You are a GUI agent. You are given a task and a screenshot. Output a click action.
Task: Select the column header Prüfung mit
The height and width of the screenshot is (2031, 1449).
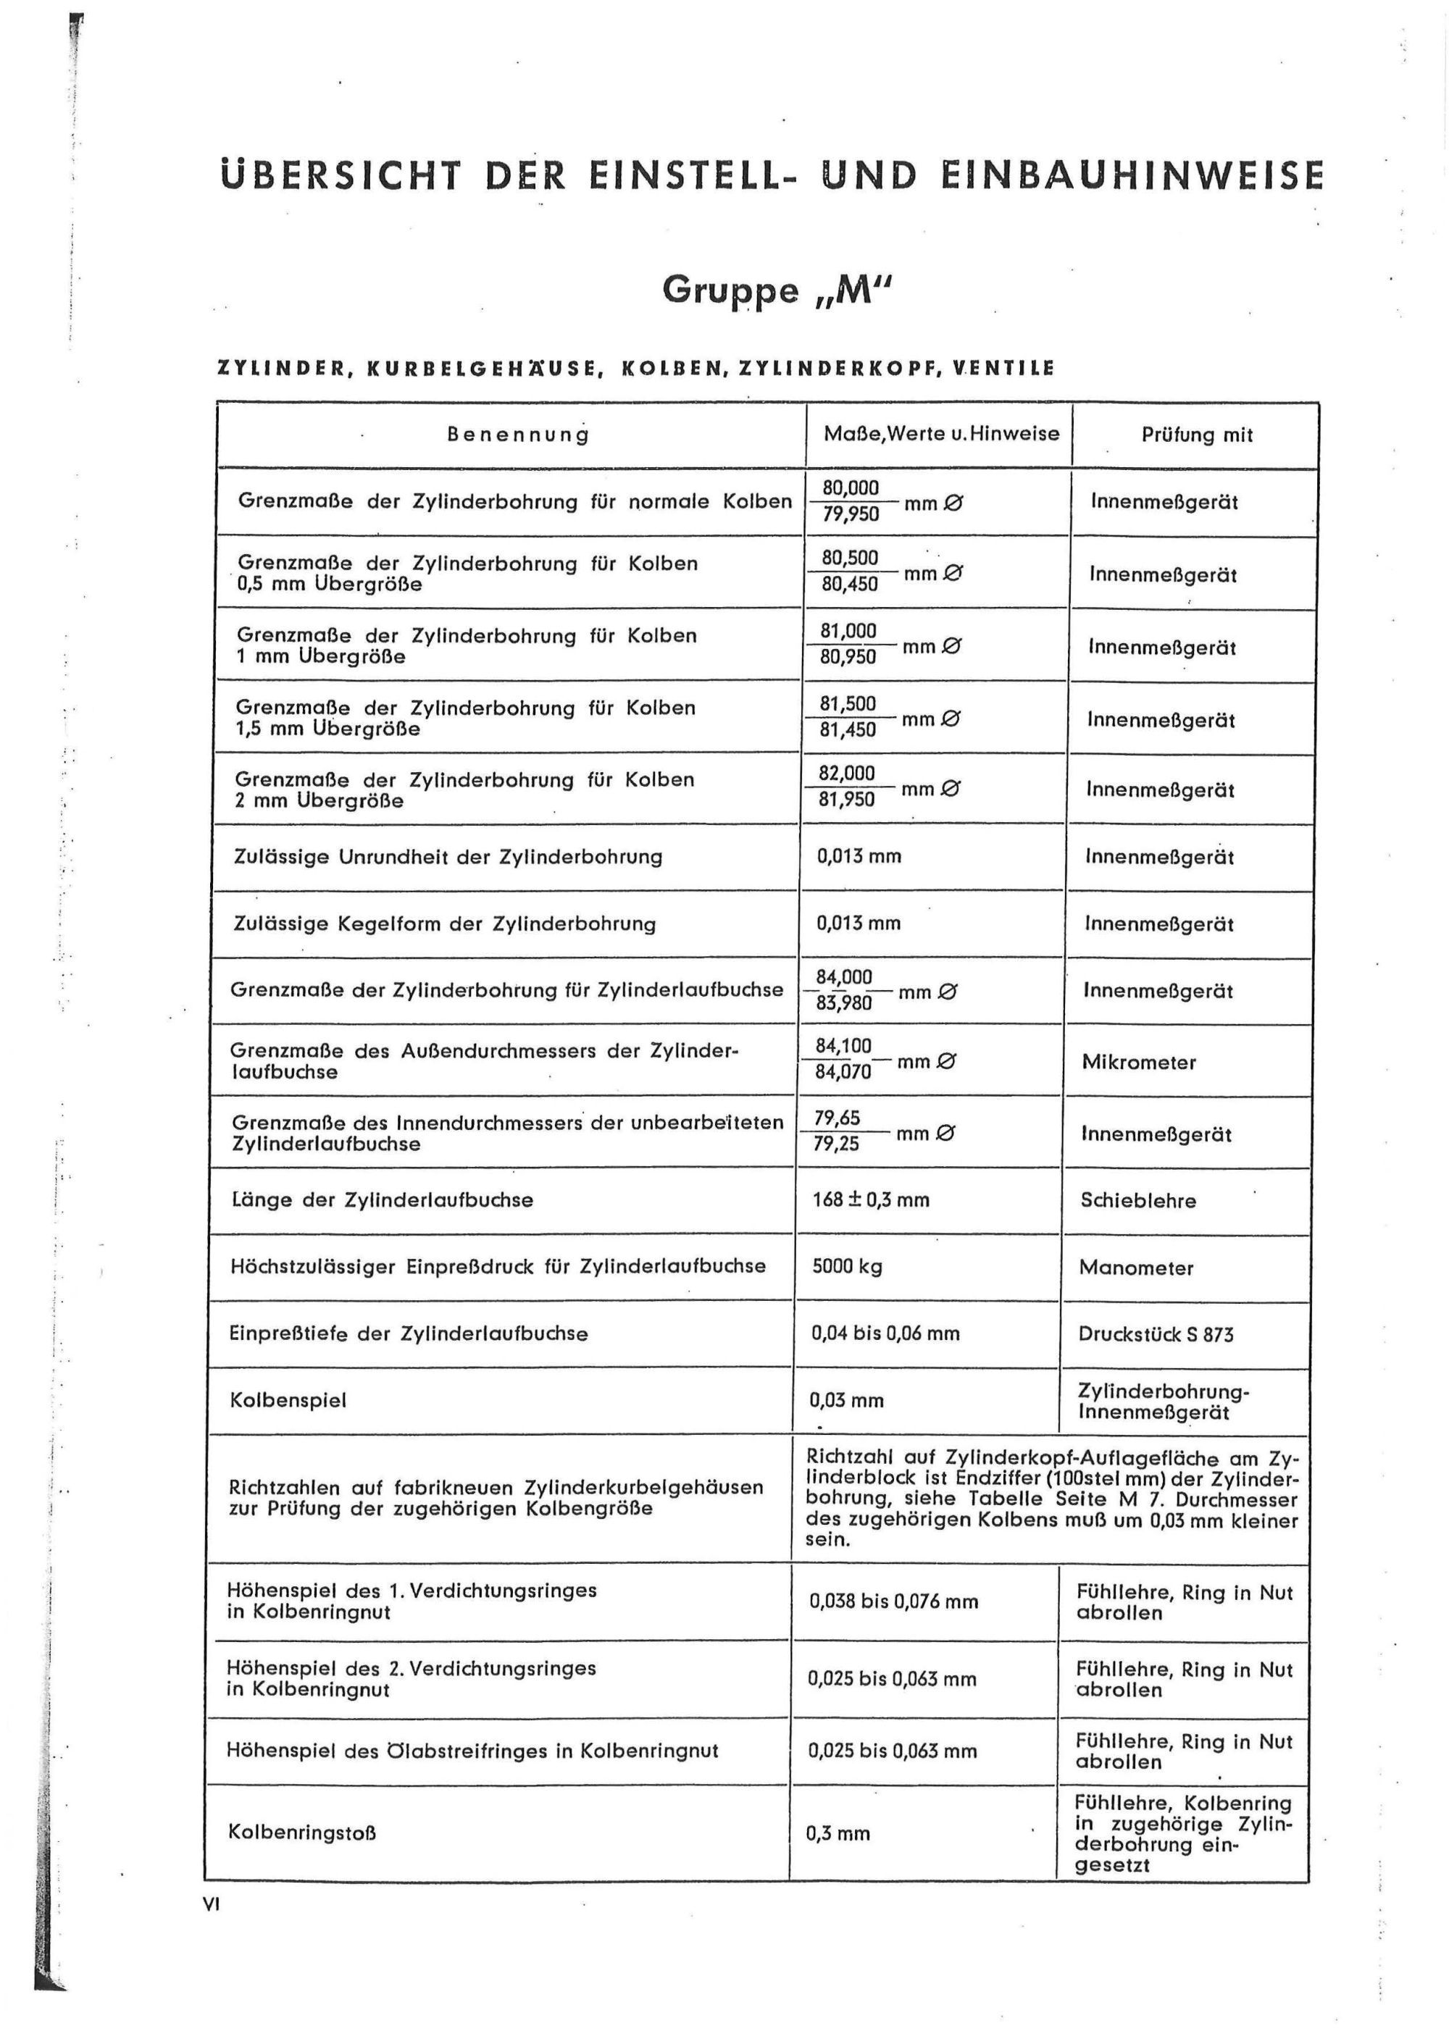coord(1196,435)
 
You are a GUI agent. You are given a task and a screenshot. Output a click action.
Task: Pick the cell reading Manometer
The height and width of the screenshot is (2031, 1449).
coord(1136,1268)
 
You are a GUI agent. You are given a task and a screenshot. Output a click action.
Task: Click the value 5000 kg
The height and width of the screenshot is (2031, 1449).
coord(847,1267)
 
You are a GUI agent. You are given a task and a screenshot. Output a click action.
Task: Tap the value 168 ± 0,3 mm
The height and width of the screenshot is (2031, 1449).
coord(870,1199)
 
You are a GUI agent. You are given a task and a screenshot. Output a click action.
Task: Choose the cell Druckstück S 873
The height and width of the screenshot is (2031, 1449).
coord(1156,1334)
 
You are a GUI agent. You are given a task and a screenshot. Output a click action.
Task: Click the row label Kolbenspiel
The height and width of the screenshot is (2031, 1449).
coord(288,1400)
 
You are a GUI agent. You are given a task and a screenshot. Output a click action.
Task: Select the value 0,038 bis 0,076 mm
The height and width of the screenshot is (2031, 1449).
coord(893,1601)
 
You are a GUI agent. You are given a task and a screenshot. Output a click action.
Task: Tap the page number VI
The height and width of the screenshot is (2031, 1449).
coord(211,1904)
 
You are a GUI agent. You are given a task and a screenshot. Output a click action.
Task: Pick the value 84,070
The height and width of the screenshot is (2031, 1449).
coord(843,1071)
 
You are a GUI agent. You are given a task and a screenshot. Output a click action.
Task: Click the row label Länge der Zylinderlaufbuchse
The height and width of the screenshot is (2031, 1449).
coord(382,1199)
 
